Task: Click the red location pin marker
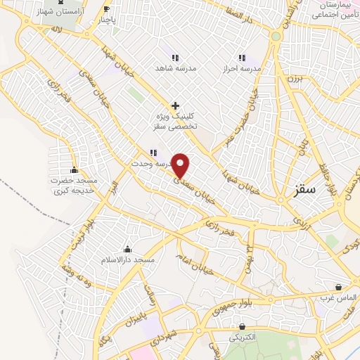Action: pos(181,165)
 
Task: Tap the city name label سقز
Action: pos(307,190)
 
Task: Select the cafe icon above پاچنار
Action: pos(106,9)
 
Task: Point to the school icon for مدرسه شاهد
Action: pos(174,58)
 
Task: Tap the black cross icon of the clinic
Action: pos(175,105)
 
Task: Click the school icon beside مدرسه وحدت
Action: pos(153,153)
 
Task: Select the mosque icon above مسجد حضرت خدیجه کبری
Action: pos(74,170)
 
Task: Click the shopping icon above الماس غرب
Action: pos(339,287)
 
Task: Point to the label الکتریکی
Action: pos(243,337)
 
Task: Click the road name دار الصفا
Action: pos(240,12)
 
